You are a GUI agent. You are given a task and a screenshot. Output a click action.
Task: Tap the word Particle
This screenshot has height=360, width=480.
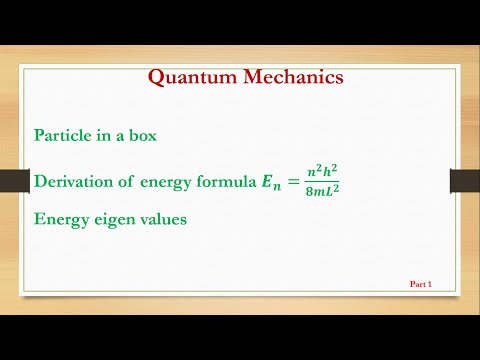point(64,134)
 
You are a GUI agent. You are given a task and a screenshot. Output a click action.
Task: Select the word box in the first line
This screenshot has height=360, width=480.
point(141,134)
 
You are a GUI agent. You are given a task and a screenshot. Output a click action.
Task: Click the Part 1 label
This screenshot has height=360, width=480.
point(421,284)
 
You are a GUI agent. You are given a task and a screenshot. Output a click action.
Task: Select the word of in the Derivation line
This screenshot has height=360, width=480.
point(135,181)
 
